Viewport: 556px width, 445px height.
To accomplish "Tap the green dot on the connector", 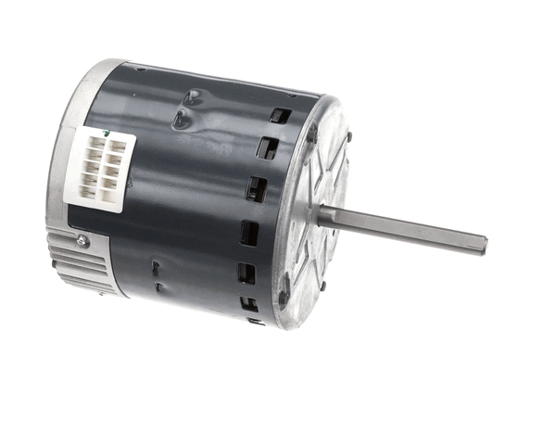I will pos(109,135).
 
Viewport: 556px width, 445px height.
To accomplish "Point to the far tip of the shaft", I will pos(483,246).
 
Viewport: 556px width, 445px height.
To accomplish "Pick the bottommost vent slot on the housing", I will pos(249,303).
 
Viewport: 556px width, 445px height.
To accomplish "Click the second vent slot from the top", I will pos(269,149).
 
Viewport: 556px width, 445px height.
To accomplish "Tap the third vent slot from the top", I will pos(257,188).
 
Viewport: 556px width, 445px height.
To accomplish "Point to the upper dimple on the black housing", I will pos(191,95).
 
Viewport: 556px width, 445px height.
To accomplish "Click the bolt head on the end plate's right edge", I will pos(349,136).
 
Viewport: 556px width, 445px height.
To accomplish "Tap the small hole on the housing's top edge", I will pos(141,69).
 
